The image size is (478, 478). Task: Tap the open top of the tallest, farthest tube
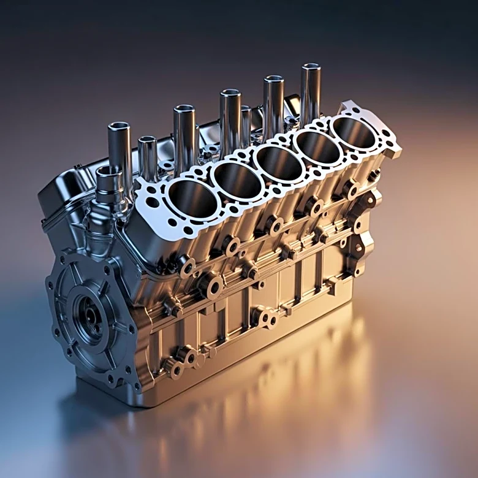click(311, 67)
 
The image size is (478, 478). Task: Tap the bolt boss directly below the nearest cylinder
click(184, 265)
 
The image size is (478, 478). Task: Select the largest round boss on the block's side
click(210, 286)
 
